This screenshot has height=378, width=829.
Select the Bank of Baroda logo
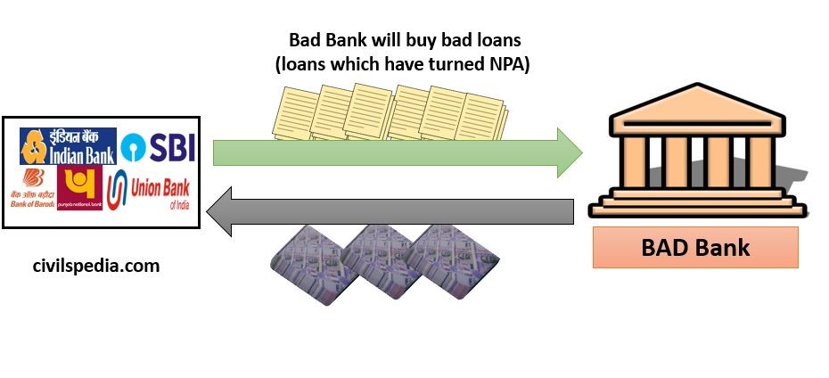[x=37, y=187]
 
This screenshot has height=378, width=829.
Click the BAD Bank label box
[x=695, y=246]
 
